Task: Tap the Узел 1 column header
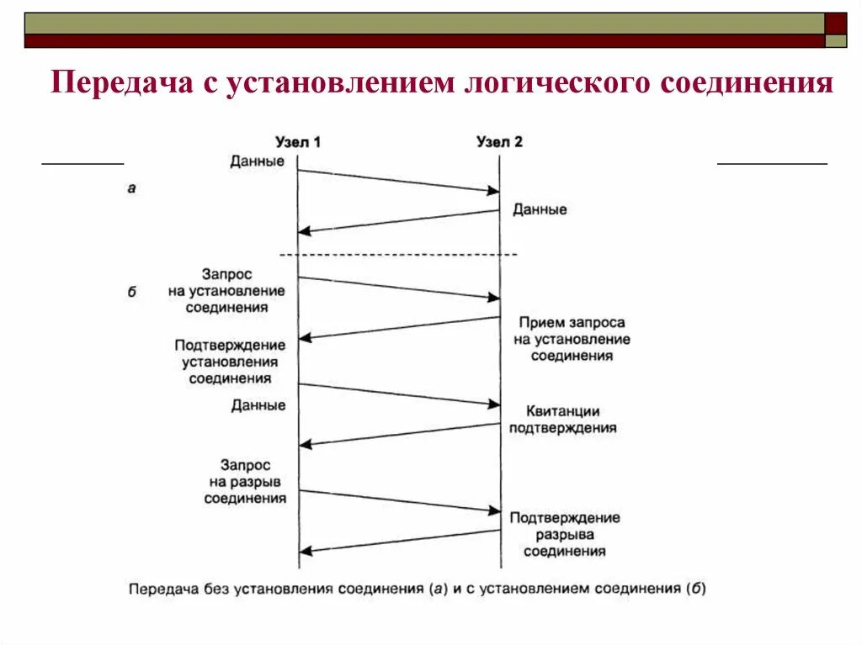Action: pos(298,142)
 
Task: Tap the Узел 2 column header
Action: pos(499,142)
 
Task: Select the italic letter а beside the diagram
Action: pos(131,188)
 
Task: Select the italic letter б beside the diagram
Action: pos(132,293)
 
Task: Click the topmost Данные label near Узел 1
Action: pos(258,161)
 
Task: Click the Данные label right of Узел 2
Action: pos(540,209)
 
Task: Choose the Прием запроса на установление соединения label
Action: pos(572,339)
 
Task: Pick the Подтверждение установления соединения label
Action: pos(230,362)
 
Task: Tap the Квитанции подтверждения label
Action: pos(562,419)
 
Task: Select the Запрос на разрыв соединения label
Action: pos(245,481)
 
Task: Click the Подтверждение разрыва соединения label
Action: pos(564,534)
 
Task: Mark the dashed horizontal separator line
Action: pos(398,254)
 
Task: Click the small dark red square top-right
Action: pos(836,23)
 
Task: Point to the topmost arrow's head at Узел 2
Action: pos(494,192)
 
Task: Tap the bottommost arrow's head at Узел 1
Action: pos(305,552)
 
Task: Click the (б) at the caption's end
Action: pos(696,589)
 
